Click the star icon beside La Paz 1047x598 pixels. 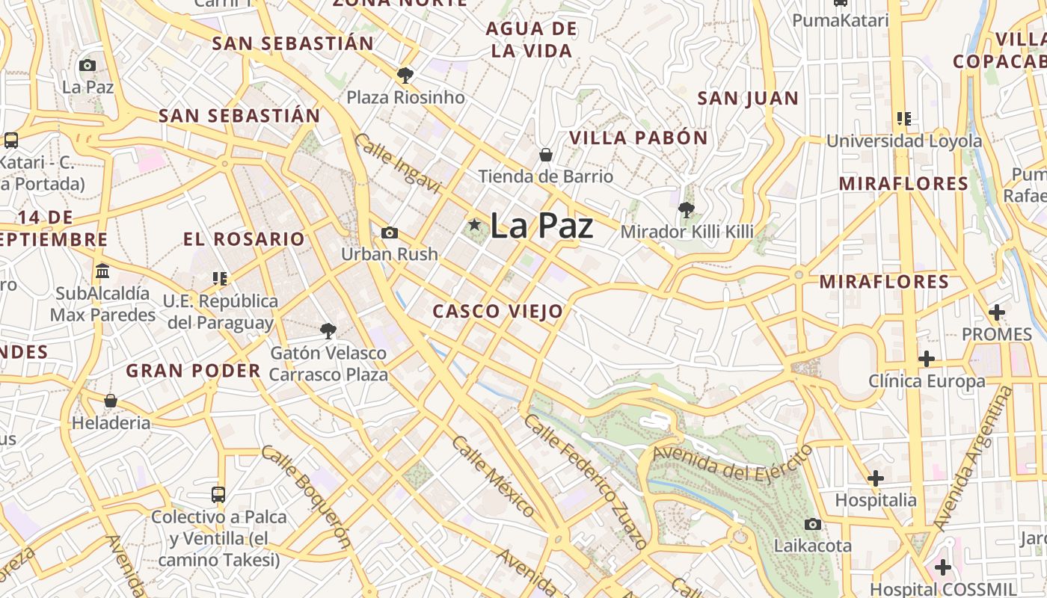[474, 224]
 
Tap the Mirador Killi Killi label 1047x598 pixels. [687, 232]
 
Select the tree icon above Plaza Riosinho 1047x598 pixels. [405, 75]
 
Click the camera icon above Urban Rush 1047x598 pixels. [389, 233]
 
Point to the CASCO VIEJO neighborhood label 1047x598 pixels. [497, 312]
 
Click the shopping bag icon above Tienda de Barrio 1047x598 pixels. [546, 155]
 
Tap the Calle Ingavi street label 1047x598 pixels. [397, 164]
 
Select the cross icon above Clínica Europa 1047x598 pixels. [927, 359]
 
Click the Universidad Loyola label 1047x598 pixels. [903, 141]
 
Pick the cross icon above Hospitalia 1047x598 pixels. [875, 478]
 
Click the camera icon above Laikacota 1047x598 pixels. [813, 524]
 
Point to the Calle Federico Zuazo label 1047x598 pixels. [584, 481]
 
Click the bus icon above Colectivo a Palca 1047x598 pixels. [218, 494]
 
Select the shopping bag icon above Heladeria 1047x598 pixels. [111, 401]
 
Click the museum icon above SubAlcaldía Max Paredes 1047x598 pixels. [102, 271]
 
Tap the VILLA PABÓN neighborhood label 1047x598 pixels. [638, 138]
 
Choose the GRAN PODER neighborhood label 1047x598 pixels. [193, 370]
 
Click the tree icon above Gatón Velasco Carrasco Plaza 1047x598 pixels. [328, 330]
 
